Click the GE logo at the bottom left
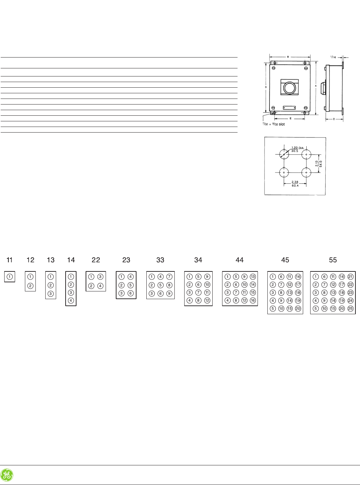[x=7, y=475]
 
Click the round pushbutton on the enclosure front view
[x=289, y=88]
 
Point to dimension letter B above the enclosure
[x=288, y=56]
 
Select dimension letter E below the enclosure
[x=290, y=119]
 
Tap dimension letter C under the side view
[x=334, y=119]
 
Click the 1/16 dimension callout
[x=333, y=56]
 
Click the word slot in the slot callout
[x=282, y=124]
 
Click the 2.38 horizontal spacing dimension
[x=295, y=182]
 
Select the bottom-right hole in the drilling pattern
[x=307, y=173]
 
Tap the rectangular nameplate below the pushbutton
[x=289, y=108]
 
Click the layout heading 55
[x=333, y=260]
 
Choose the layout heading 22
[x=96, y=260]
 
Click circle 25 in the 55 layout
[x=351, y=309]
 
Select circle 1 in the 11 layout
[x=10, y=277]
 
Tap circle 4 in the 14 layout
[x=71, y=301]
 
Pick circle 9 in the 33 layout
[x=169, y=293]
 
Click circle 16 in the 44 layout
[x=253, y=300]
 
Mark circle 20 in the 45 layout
[x=298, y=309]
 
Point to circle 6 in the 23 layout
[x=131, y=293]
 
